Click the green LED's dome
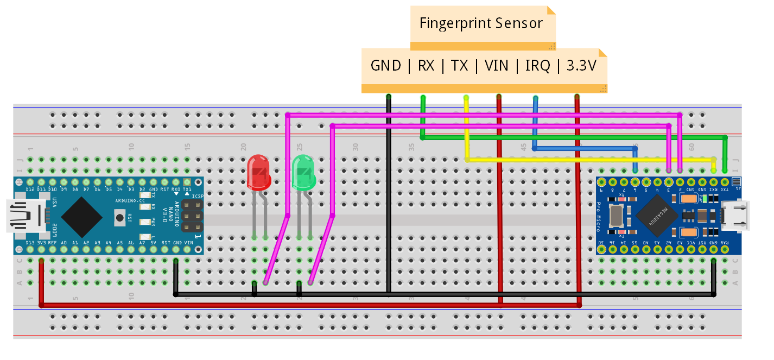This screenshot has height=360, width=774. (303, 172)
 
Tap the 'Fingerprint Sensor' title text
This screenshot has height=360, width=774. (481, 23)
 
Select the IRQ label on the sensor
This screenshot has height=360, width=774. (537, 66)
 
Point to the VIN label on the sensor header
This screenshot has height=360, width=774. (496, 66)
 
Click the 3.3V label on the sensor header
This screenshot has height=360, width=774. (581, 66)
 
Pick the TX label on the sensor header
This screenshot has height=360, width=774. (459, 66)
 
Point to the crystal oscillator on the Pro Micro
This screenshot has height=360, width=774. (616, 216)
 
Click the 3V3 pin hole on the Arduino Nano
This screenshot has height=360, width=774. (41, 250)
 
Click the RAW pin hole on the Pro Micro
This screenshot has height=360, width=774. (725, 250)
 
